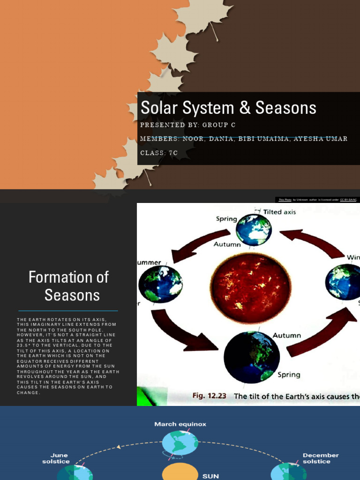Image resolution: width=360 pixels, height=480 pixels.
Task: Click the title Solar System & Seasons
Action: (x=228, y=108)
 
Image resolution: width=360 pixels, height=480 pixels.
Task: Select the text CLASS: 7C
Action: (x=159, y=153)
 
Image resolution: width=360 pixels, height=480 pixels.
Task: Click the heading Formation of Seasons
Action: (x=68, y=286)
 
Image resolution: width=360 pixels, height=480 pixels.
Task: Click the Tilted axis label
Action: (x=279, y=212)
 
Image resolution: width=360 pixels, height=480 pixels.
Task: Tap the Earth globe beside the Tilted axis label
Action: (x=254, y=230)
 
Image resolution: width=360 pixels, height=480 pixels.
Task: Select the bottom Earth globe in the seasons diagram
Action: (x=251, y=357)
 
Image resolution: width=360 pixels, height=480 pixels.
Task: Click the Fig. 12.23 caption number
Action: (x=209, y=396)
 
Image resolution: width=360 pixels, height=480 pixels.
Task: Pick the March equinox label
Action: (x=180, y=424)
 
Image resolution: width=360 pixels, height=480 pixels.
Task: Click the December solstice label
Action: (x=321, y=458)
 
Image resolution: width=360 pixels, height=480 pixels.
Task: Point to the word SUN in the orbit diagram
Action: (x=210, y=476)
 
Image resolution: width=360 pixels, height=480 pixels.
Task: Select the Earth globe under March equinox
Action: (x=180, y=443)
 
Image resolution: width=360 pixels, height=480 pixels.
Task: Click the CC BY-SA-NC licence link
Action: (x=348, y=200)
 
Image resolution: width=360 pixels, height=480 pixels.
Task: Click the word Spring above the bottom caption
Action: (x=289, y=375)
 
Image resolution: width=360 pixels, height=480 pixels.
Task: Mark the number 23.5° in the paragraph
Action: (x=23, y=345)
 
